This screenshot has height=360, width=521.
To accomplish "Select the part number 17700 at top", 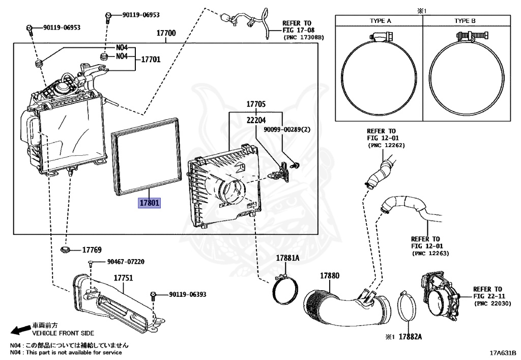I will point(166,34).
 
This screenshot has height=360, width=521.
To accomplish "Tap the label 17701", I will point(150,59).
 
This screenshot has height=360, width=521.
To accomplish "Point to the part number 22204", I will point(256,120).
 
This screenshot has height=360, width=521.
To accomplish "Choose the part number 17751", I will point(123,278).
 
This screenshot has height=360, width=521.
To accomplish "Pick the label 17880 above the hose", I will point(329,275).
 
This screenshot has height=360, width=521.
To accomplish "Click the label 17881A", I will point(287,258).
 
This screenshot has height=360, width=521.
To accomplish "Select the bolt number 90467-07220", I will point(126,262).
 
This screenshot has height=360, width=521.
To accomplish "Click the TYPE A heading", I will point(380,21).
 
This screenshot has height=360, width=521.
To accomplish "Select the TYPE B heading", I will point(465,21).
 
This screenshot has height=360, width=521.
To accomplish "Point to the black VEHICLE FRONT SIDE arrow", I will point(20,330).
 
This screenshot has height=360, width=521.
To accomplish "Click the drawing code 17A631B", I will point(503,352).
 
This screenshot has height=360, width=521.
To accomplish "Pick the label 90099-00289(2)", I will point(286,130).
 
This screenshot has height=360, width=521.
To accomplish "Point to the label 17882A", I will point(412,337).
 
